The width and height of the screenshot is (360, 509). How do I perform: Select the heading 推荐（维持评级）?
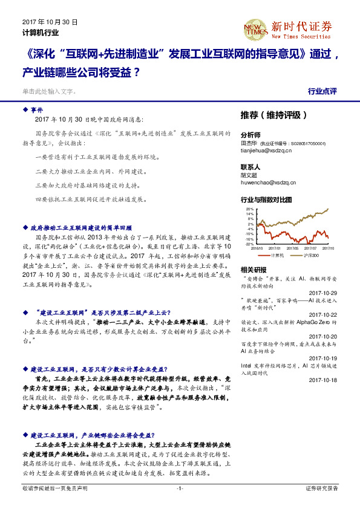272,114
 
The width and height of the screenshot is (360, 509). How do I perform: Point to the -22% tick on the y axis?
249,244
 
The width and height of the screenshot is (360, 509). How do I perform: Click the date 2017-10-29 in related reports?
323,293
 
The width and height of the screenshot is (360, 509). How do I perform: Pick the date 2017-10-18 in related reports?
323,380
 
